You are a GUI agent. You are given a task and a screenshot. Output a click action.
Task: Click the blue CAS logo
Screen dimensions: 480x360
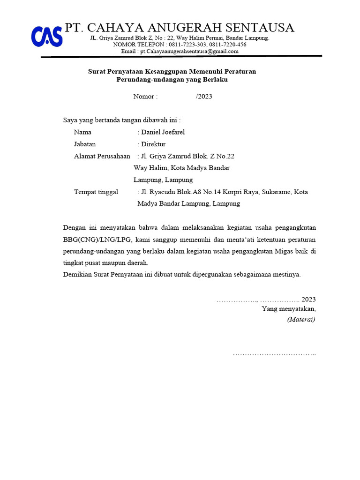47,36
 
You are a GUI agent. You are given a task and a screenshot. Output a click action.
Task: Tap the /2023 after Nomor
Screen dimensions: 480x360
204,97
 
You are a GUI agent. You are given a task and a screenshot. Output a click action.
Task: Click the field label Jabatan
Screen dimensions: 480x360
85,144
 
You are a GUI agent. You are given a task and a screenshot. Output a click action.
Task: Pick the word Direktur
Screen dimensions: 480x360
153,144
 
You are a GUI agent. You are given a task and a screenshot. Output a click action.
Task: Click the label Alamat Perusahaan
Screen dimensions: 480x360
102,156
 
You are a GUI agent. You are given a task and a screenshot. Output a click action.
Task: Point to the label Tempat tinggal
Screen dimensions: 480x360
96,192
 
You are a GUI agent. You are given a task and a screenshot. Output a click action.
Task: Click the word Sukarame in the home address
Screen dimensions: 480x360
276,192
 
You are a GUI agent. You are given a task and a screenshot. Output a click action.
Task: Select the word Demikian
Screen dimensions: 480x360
77,274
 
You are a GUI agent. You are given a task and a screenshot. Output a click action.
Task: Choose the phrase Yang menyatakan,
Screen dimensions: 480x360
289,308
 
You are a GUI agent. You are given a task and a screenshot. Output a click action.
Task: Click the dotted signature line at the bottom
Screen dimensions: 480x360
274,353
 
